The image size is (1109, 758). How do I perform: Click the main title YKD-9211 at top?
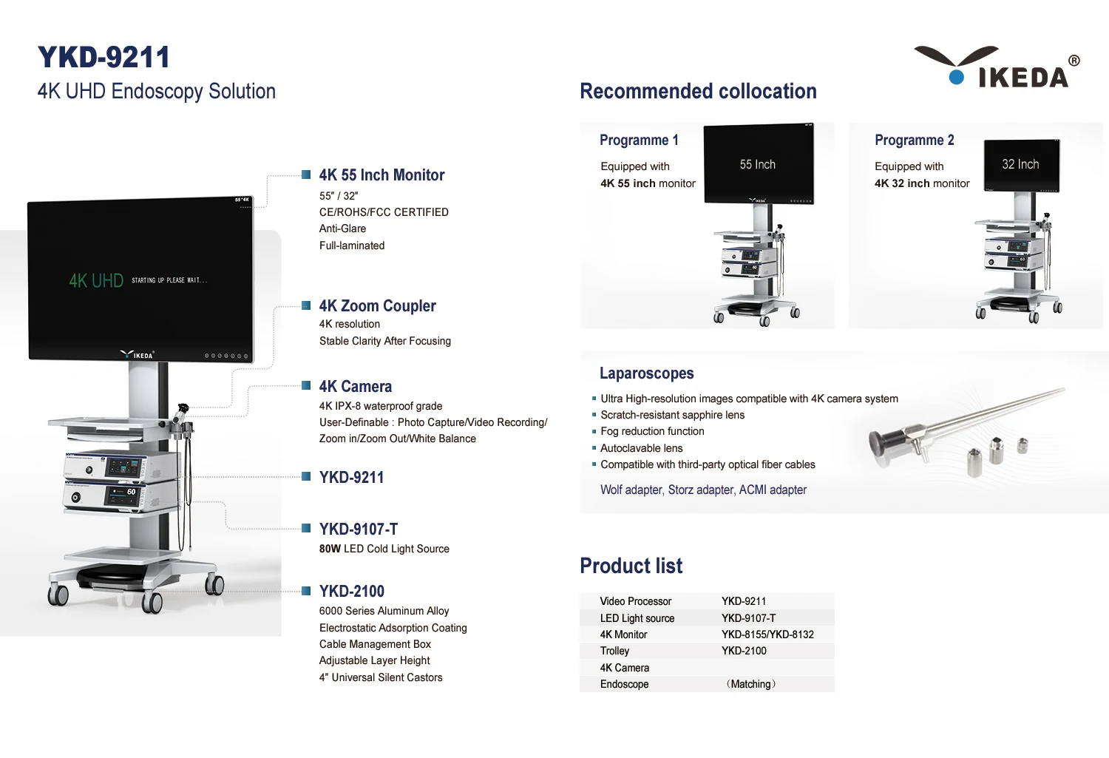(104, 58)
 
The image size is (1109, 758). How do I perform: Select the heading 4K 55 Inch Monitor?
(381, 175)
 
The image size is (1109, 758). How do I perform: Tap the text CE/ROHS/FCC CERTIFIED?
(384, 212)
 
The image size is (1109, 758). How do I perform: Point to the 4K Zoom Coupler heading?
(377, 306)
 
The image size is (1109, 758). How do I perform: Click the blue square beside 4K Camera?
(306, 385)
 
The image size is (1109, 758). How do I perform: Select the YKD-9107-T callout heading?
(359, 529)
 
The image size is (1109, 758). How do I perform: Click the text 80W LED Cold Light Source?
(384, 549)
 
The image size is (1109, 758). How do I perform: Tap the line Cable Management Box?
(375, 644)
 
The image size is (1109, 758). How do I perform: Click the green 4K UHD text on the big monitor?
(96, 281)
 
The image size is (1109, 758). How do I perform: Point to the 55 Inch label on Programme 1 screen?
(757, 165)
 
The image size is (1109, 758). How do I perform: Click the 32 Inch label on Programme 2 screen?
(1020, 164)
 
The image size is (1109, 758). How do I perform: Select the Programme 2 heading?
(914, 141)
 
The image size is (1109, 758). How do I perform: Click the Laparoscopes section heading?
(646, 373)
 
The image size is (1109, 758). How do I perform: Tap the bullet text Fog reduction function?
(652, 431)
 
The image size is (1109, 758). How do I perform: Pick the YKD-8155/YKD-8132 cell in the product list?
(767, 635)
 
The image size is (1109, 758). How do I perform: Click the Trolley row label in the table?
(614, 651)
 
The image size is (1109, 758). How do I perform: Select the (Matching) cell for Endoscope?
(750, 684)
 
